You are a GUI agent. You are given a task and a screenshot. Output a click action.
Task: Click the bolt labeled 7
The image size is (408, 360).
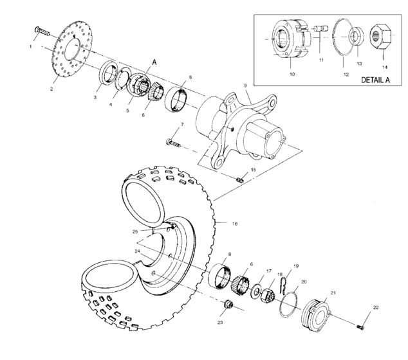click(x=176, y=142)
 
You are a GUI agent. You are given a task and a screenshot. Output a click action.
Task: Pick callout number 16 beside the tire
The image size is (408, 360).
click(x=235, y=224)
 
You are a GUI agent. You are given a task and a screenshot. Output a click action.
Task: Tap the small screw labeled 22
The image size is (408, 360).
click(x=362, y=327)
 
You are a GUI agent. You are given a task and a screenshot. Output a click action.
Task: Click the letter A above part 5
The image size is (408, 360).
click(x=154, y=62)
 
